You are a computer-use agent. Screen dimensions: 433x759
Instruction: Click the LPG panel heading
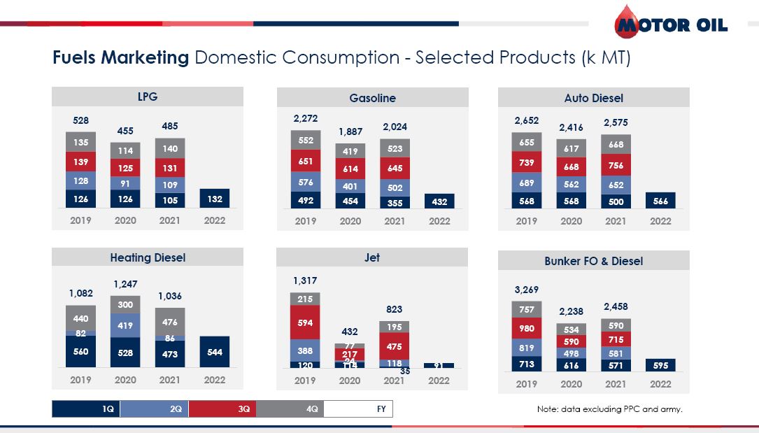pyautogui.click(x=148, y=97)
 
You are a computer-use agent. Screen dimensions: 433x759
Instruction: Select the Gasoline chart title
pyautogui.click(x=372, y=98)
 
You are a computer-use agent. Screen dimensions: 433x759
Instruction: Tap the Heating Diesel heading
pyautogui.click(x=148, y=257)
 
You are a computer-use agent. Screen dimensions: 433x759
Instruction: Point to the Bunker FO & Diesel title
pyautogui.click(x=593, y=261)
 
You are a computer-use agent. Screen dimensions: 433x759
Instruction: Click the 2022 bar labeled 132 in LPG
pyautogui.click(x=214, y=199)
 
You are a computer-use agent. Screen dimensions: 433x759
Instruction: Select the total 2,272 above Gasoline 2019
pyautogui.click(x=306, y=119)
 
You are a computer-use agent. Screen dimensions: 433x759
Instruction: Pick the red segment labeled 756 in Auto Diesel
pyautogui.click(x=616, y=166)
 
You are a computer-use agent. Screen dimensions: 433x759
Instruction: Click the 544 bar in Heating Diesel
pyautogui.click(x=214, y=352)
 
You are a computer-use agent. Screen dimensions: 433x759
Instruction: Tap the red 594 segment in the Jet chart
pyautogui.click(x=305, y=323)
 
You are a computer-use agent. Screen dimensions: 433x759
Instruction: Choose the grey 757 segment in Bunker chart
pyautogui.click(x=527, y=310)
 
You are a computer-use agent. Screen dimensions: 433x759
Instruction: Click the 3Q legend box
pyautogui.click(x=222, y=409)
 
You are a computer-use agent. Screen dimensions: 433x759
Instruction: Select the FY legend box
pyautogui.click(x=358, y=409)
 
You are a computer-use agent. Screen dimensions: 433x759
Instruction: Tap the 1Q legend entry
pyautogui.click(x=86, y=409)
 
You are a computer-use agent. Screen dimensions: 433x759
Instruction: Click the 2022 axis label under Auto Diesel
pyautogui.click(x=660, y=221)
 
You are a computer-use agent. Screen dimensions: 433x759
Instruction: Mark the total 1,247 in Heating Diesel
pyautogui.click(x=125, y=284)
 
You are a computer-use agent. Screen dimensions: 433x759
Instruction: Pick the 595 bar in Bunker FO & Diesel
pyautogui.click(x=660, y=364)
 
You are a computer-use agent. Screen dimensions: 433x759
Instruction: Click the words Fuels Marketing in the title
pyautogui.click(x=120, y=57)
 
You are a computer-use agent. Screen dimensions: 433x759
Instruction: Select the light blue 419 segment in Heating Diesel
pyautogui.click(x=125, y=325)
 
